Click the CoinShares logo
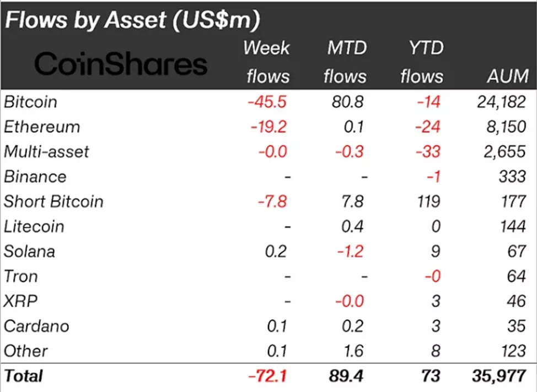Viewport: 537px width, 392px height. click(121, 64)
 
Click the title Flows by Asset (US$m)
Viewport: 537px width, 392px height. click(132, 20)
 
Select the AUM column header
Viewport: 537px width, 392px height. click(508, 76)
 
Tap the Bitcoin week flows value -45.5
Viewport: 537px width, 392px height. click(267, 102)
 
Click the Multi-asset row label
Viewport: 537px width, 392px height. click(46, 151)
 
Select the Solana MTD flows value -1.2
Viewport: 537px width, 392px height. click(348, 251)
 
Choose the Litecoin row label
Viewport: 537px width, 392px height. click(34, 226)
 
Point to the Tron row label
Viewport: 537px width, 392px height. click(21, 276)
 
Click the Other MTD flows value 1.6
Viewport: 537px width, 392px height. click(352, 351)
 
